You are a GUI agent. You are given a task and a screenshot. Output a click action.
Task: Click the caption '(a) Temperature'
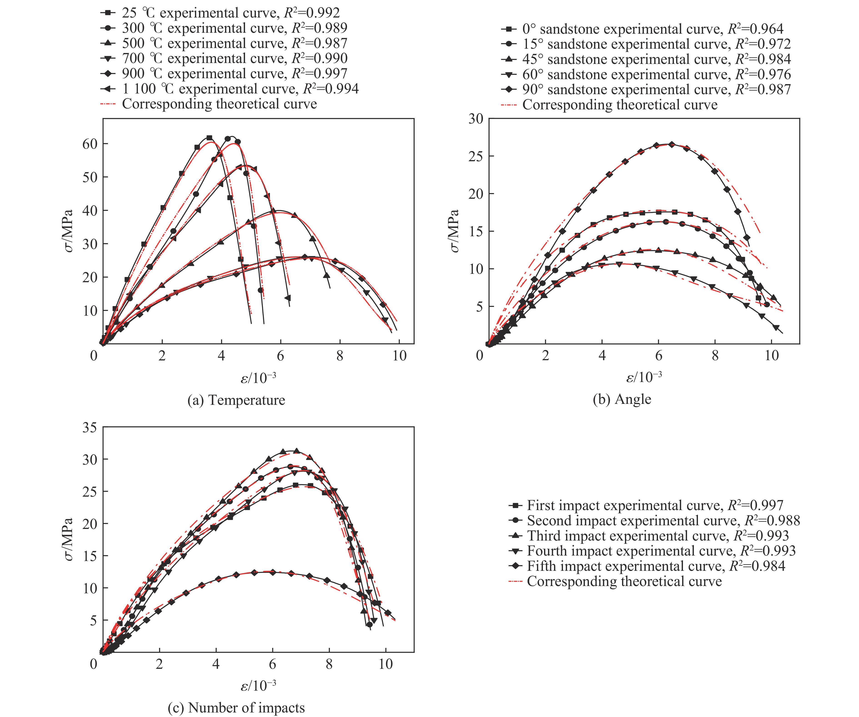[x=236, y=400]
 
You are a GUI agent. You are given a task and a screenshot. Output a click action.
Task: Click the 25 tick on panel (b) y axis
[x=476, y=156]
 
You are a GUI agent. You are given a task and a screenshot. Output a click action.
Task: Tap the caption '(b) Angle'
[x=622, y=399]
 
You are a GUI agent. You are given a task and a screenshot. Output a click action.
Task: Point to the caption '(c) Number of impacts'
[x=236, y=708]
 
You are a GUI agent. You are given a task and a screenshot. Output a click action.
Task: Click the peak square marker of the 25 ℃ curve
[x=210, y=138]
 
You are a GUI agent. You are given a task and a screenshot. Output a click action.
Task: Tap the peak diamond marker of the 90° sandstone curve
[x=671, y=144]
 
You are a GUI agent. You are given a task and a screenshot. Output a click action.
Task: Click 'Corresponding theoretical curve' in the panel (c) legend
[x=624, y=581]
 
